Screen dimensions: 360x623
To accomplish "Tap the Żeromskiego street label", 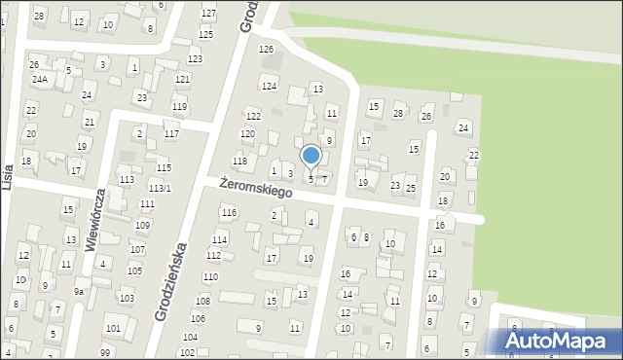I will tap(256, 187).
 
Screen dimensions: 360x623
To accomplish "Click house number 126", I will tap(266, 49).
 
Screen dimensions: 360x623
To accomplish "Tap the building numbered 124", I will tap(270, 87).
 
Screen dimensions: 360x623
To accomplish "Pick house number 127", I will tap(208, 13).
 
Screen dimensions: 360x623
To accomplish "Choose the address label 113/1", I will tap(161, 188).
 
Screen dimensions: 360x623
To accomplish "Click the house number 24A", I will tap(39, 79).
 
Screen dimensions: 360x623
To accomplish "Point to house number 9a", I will tap(80, 291).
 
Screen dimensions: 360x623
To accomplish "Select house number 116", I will tap(229, 212).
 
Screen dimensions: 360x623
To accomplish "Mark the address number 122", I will tap(253, 116).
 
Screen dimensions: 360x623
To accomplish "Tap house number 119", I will tap(179, 106).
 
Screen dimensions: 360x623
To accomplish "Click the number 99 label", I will tap(105, 352).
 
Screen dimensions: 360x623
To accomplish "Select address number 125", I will tap(205, 34).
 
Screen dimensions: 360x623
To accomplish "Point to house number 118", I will tap(239, 161).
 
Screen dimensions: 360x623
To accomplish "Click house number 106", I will tap(198, 318).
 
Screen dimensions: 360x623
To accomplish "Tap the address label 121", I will tap(183, 79).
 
